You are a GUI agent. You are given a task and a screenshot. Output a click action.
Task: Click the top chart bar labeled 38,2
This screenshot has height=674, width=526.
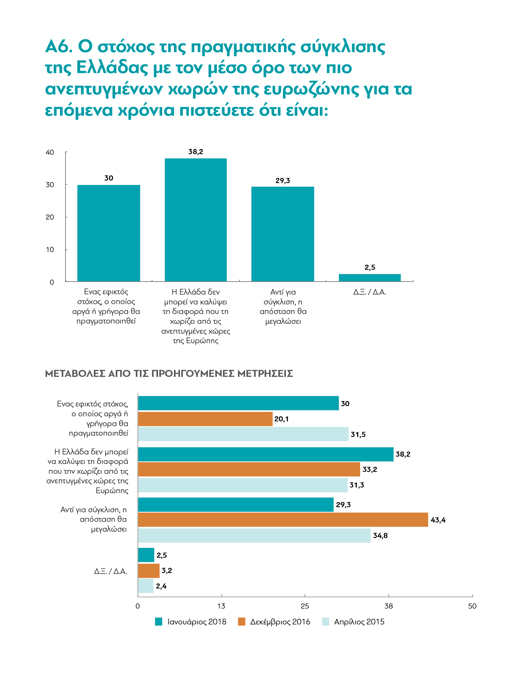(x=196, y=220)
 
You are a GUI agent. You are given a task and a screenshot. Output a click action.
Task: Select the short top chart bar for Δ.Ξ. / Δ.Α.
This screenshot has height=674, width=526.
(x=370, y=277)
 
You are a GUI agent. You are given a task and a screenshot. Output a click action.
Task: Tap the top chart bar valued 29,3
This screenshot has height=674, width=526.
(x=283, y=234)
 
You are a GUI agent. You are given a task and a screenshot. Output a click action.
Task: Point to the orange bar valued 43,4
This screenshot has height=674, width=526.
(x=283, y=520)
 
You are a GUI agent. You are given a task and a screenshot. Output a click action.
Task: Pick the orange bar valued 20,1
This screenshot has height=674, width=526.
(x=205, y=419)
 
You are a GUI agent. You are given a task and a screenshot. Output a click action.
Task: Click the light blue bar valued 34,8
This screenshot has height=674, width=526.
(x=254, y=535)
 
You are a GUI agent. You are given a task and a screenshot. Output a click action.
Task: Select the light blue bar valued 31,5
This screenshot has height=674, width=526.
(x=243, y=434)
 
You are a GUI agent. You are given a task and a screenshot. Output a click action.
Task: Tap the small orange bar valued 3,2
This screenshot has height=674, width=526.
(x=149, y=571)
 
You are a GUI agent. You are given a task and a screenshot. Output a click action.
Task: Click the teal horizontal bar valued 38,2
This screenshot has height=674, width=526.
(x=266, y=454)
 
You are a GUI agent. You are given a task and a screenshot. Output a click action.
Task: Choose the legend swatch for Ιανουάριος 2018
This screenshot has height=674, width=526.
(x=158, y=622)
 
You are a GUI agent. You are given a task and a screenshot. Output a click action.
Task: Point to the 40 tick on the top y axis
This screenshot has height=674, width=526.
(x=50, y=152)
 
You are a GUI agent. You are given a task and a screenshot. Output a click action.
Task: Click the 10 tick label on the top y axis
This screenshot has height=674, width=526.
(x=50, y=249)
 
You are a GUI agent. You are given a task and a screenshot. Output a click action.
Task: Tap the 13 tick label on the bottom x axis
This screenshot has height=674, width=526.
(x=221, y=606)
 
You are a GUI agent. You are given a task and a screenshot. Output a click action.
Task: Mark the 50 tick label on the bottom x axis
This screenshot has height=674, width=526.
(x=472, y=606)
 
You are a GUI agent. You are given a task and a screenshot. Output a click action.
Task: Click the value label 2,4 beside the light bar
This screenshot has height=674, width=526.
(x=161, y=586)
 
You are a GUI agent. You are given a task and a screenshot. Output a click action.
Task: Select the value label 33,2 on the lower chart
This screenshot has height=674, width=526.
(x=370, y=470)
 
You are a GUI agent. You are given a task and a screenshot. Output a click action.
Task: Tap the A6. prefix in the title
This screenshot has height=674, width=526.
(x=59, y=46)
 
